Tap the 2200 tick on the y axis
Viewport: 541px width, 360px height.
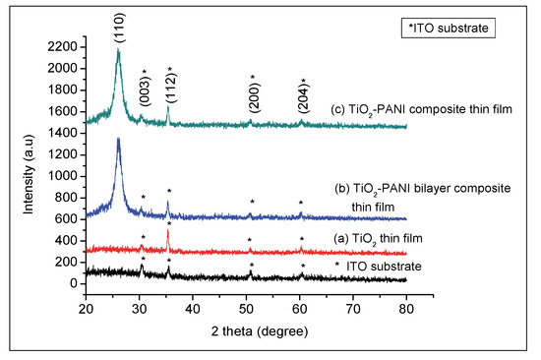point(63,47)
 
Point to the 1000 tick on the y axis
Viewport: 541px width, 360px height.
point(63,176)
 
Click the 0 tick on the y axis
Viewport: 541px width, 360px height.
point(74,283)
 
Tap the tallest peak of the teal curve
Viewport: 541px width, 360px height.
point(118,50)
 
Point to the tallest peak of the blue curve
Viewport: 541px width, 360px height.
point(118,140)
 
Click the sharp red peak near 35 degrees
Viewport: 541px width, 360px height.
point(168,231)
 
